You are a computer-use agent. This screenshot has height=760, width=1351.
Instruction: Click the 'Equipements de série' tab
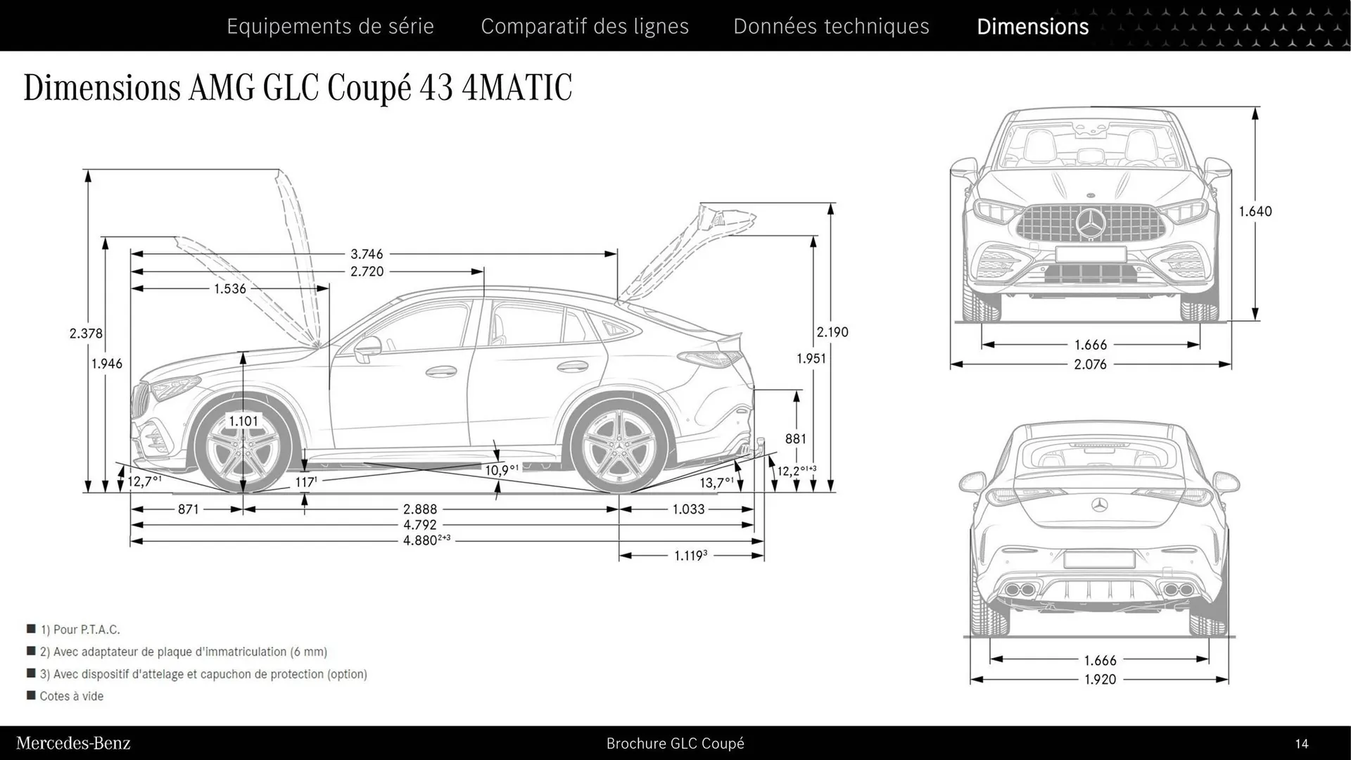tap(330, 27)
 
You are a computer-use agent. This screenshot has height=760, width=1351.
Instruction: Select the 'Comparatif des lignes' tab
tap(585, 27)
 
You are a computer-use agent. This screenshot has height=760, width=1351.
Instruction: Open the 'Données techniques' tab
tap(831, 27)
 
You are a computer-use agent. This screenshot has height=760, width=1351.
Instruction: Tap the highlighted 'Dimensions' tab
tap(1032, 27)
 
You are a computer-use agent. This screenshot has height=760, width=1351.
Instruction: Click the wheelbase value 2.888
tap(420, 509)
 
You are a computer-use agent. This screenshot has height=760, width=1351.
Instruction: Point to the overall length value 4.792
tap(420, 525)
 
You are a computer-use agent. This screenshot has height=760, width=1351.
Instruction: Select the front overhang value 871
tap(189, 509)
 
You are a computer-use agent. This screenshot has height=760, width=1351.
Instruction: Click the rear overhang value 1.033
tap(688, 509)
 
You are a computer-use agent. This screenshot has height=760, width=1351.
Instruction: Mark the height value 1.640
tap(1255, 211)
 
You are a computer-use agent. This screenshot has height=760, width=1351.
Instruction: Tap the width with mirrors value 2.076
tap(1090, 365)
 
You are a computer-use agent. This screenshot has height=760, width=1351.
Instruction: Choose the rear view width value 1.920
tap(1100, 680)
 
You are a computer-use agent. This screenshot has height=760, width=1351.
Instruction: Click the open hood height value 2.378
tap(86, 334)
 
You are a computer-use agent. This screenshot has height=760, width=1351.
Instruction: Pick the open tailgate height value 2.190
tap(832, 332)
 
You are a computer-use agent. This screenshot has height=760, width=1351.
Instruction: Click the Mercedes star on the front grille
tap(1091, 224)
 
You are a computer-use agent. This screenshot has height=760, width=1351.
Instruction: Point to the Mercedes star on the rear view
tap(1100, 504)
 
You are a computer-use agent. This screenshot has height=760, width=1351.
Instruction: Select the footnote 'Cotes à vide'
tap(72, 696)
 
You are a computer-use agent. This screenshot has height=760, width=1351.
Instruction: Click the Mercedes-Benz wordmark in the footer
tap(73, 743)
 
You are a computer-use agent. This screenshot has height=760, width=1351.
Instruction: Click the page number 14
tap(1302, 744)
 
